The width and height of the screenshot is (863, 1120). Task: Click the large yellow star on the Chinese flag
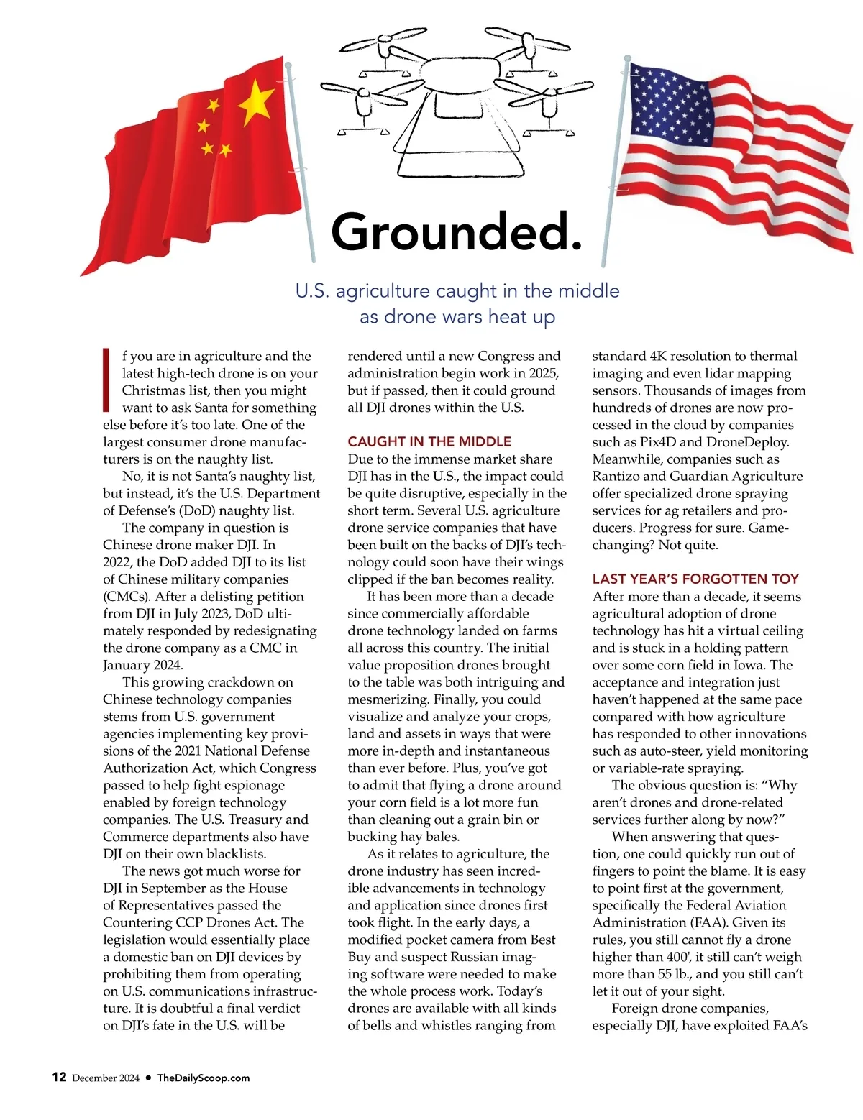tap(255, 103)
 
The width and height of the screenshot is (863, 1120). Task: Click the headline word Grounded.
tap(456, 231)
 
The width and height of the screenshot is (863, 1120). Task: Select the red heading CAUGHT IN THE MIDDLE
tap(429, 441)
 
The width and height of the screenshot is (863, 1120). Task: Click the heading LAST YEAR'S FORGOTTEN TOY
tap(695, 579)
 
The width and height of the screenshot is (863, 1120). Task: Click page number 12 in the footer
tap(59, 1077)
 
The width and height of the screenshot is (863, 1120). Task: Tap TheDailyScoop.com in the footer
tap(204, 1078)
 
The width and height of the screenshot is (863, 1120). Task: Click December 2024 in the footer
tap(106, 1078)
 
